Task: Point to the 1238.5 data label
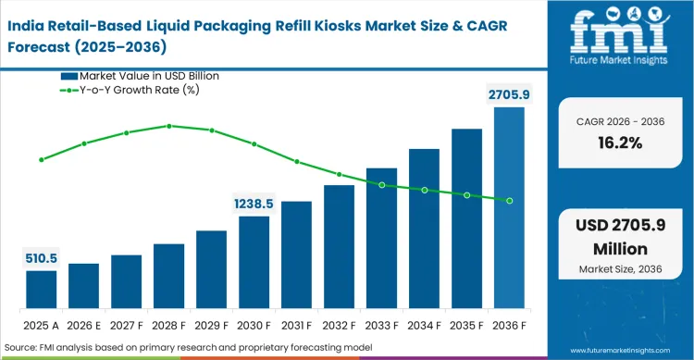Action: (x=254, y=203)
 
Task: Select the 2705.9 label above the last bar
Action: (x=509, y=93)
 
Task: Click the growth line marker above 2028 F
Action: (x=168, y=126)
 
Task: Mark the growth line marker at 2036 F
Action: (x=509, y=200)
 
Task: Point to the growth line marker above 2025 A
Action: (x=41, y=159)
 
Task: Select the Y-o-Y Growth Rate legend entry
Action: (x=140, y=90)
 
